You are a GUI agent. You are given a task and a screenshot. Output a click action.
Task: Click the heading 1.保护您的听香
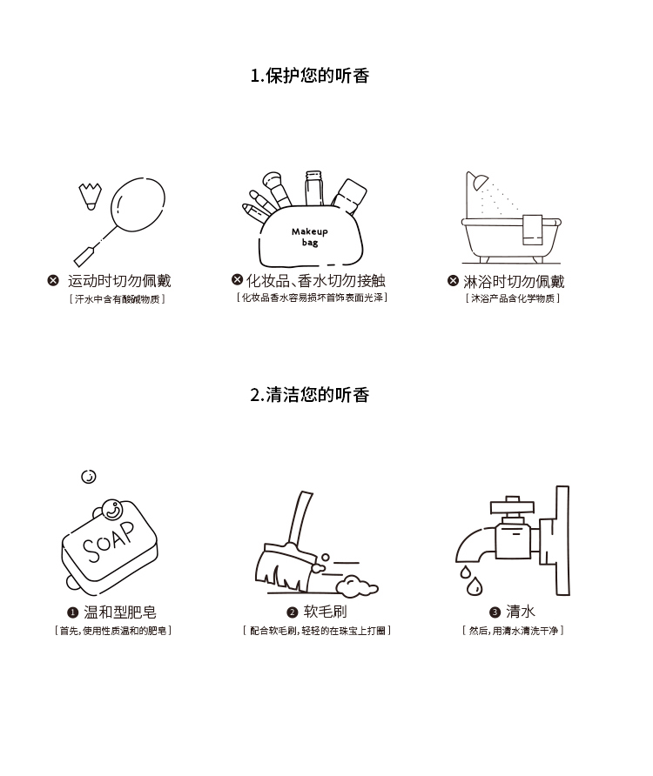pyautogui.click(x=310, y=76)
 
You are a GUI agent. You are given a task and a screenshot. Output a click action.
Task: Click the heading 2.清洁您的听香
pyautogui.click(x=310, y=395)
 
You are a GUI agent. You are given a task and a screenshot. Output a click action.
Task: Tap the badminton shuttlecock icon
pyautogui.click(x=91, y=196)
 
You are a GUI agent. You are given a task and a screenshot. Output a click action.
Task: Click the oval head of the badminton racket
pyautogui.click(x=138, y=204)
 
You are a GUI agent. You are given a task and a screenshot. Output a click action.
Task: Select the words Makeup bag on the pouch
pyautogui.click(x=310, y=237)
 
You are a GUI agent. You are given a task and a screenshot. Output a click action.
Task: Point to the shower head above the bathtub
pyautogui.click(x=479, y=182)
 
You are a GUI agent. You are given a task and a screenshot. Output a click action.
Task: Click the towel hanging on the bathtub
pyautogui.click(x=533, y=230)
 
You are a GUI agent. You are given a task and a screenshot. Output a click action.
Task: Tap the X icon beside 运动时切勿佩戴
pyautogui.click(x=53, y=281)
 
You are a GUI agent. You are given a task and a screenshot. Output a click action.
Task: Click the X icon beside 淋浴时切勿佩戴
pyautogui.click(x=453, y=281)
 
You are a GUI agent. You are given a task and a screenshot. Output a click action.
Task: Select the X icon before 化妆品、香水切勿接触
pyautogui.click(x=238, y=279)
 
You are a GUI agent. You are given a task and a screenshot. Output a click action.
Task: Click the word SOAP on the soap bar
pyautogui.click(x=109, y=541)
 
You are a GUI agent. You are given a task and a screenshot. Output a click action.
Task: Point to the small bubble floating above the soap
pyautogui.click(x=89, y=477)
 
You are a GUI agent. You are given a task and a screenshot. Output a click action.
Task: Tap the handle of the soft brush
pyautogui.click(x=300, y=519)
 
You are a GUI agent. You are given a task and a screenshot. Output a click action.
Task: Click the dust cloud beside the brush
pyautogui.click(x=357, y=586)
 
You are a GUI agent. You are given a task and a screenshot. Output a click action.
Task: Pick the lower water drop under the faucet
pyautogui.click(x=475, y=586)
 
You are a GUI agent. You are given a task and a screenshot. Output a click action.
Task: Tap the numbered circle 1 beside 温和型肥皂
pyautogui.click(x=73, y=612)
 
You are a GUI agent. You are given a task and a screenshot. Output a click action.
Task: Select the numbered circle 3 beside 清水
pyautogui.click(x=495, y=612)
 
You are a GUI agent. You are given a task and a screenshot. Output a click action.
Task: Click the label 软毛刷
pyautogui.click(x=325, y=612)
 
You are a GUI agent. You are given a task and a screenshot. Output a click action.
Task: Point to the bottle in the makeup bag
pyautogui.click(x=313, y=188)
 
